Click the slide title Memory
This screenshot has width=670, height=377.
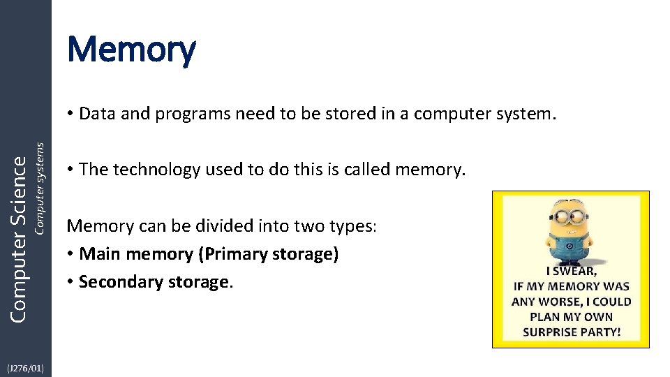131,50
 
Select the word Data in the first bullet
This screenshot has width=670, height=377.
98,114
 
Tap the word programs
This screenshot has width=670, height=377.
187,114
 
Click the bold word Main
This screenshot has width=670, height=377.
99,254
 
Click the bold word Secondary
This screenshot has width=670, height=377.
118,282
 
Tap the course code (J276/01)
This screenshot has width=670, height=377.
25,368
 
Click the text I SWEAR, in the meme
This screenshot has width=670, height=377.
571,272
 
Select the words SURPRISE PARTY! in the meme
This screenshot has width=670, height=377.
571,332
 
